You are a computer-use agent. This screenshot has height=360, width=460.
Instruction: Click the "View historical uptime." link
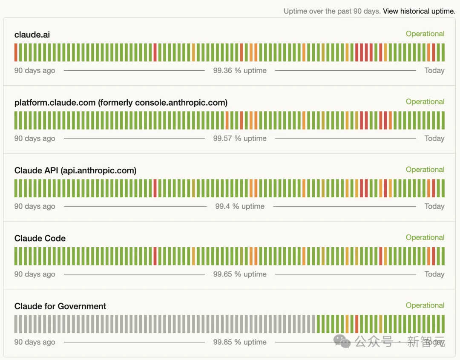click(x=419, y=11)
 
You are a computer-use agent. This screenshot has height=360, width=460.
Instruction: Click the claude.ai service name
click(x=32, y=35)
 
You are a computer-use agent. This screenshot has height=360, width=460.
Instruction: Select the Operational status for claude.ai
click(x=425, y=34)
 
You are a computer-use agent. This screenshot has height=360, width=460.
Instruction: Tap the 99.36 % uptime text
click(x=240, y=71)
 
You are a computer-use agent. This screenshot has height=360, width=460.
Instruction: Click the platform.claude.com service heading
click(x=121, y=103)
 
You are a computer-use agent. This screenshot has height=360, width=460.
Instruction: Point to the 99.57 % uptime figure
click(x=240, y=138)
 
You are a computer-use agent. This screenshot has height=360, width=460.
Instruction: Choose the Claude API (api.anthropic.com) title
click(x=75, y=170)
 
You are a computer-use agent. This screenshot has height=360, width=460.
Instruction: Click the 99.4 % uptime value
click(x=240, y=206)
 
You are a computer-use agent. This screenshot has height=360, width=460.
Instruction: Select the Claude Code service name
click(x=40, y=239)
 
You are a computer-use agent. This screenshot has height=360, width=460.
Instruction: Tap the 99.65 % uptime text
click(x=240, y=274)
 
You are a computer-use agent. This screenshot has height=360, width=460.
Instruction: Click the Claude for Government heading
click(x=60, y=306)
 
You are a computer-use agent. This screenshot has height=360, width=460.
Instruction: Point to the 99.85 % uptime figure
click(x=240, y=342)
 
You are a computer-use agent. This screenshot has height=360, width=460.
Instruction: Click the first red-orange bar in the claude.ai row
click(x=16, y=52)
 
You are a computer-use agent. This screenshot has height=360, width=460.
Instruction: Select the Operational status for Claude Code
click(x=425, y=237)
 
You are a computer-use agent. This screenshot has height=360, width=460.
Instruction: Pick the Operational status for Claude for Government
click(x=425, y=305)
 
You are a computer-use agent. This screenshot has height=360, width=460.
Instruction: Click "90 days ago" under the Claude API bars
click(x=34, y=206)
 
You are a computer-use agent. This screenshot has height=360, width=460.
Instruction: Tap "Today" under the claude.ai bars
click(x=434, y=71)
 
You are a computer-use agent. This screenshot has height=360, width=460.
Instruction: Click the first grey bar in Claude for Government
click(x=16, y=324)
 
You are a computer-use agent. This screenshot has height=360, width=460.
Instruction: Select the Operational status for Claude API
click(x=425, y=170)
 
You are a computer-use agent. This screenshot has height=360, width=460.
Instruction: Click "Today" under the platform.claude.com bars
click(x=434, y=138)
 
